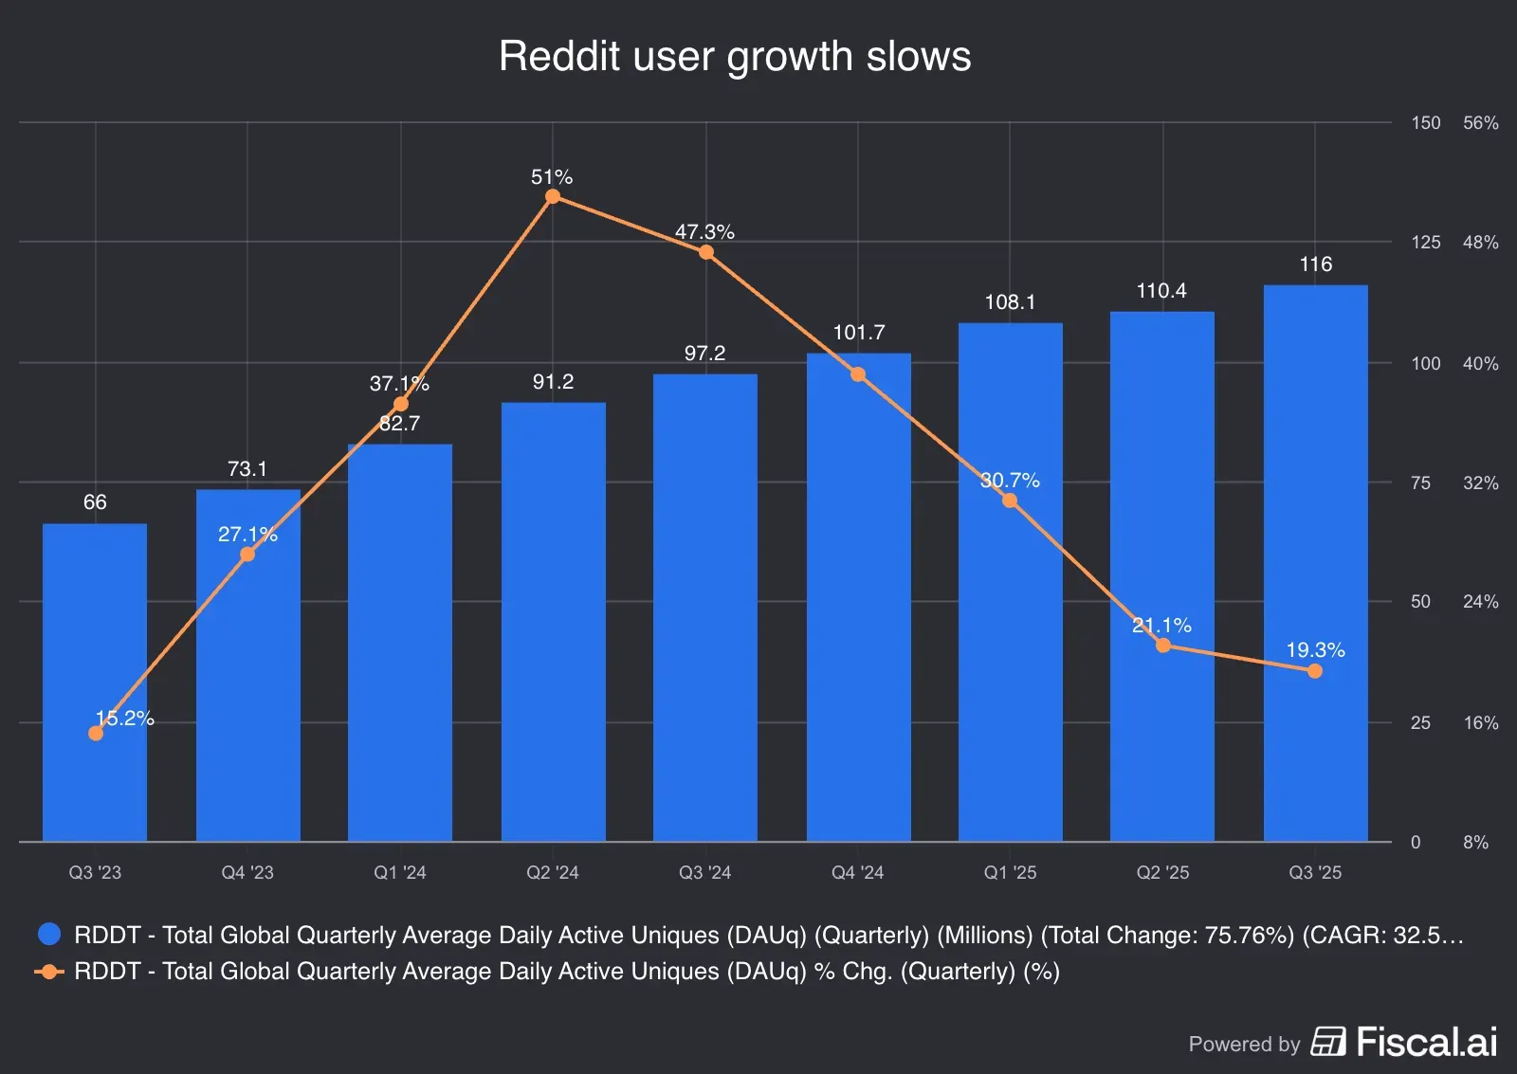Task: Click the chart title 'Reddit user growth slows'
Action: (735, 56)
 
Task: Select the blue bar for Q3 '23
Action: (95, 683)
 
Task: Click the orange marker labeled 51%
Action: (553, 196)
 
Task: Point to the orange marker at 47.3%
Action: (706, 252)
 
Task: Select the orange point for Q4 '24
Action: (858, 374)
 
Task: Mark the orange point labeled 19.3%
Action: (1315, 671)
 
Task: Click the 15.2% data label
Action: (124, 719)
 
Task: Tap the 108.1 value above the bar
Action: (1010, 302)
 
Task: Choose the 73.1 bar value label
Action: (247, 469)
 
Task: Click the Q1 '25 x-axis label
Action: (1010, 873)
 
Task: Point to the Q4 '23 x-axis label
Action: (247, 873)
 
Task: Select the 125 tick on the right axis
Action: (1425, 243)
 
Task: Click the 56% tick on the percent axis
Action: (1480, 123)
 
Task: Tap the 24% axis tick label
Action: (1480, 602)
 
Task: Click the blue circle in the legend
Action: (49, 935)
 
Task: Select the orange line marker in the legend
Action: (49, 972)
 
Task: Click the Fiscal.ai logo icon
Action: (1328, 1042)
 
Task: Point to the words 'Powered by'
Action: (1244, 1045)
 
